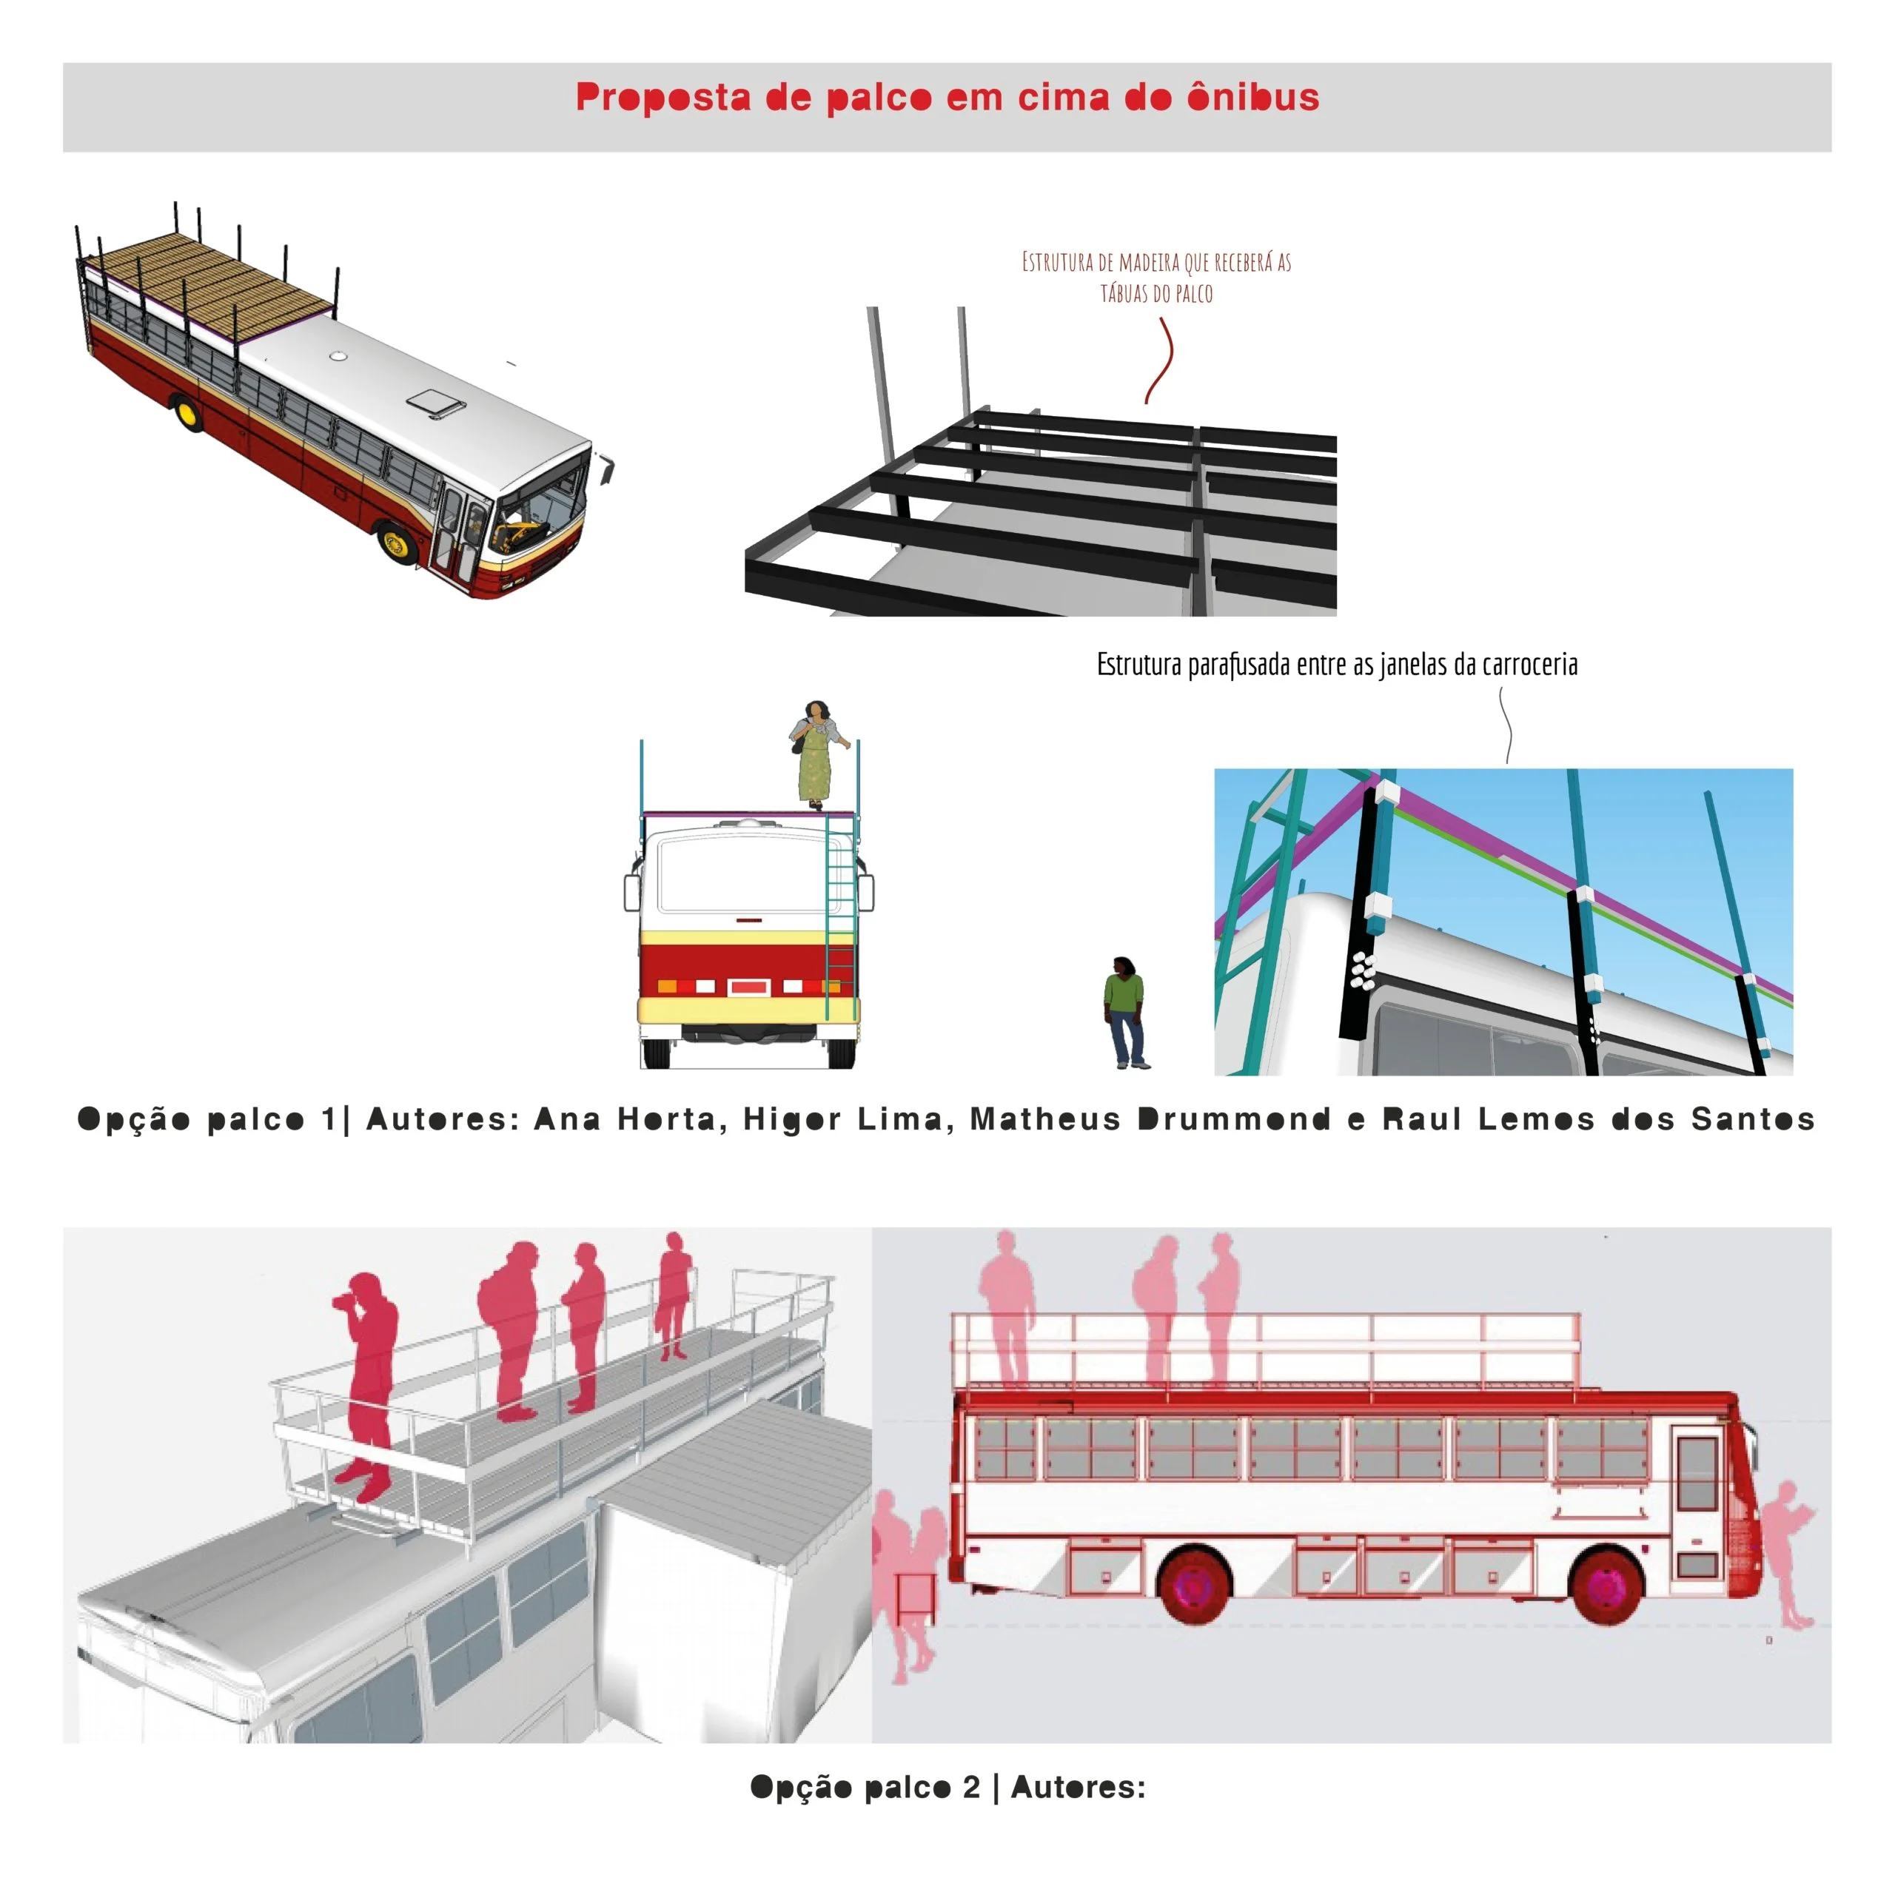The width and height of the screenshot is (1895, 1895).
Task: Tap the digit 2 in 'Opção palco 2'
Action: [971, 1786]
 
